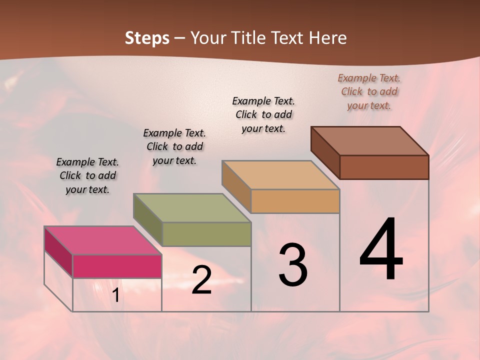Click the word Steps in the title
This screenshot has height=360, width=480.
[x=147, y=38]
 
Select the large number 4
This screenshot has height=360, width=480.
[x=381, y=250]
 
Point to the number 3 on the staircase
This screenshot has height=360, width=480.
[x=292, y=265]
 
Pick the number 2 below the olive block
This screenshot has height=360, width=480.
[x=201, y=280]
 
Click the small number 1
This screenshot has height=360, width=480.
[x=115, y=295]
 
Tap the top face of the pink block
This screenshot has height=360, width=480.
[x=102, y=240]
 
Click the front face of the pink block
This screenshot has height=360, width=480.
[x=117, y=266]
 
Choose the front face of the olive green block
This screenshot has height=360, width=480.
[x=206, y=234]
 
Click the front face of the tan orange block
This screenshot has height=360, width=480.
[x=295, y=201]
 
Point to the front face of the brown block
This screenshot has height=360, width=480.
[x=384, y=167]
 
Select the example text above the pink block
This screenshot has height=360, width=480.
[x=87, y=175]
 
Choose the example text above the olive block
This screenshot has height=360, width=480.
[x=174, y=146]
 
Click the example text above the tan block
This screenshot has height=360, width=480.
[x=263, y=114]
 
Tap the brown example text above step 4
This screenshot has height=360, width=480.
[x=369, y=91]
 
